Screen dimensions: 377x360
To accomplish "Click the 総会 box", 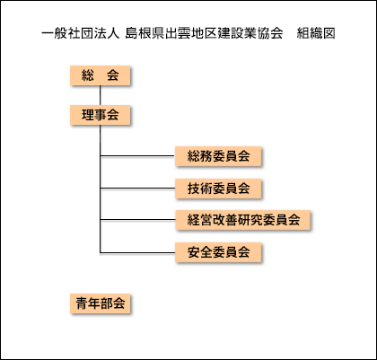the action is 101,75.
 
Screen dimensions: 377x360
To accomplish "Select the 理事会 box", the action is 101,115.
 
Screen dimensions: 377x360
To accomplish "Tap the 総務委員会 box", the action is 218,156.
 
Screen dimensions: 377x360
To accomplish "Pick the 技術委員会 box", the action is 218,189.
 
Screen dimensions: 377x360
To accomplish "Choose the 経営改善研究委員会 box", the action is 242,220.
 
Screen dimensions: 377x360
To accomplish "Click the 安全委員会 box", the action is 218,252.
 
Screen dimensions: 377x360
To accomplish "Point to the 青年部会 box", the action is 101,303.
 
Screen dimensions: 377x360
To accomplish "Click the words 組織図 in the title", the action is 316,33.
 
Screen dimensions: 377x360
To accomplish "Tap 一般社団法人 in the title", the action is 81,33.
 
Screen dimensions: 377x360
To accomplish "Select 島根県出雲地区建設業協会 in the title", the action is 204,33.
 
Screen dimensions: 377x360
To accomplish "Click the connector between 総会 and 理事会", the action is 101,95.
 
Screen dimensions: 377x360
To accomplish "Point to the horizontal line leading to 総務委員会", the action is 137,156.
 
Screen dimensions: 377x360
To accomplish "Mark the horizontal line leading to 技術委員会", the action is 137,189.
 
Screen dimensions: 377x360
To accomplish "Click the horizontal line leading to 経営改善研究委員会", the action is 137,220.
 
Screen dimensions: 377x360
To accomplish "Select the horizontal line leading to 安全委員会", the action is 137,253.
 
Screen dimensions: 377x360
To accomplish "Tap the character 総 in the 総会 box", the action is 88,75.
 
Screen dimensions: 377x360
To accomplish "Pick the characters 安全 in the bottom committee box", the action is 200,252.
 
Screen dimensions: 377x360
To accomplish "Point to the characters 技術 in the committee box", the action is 200,189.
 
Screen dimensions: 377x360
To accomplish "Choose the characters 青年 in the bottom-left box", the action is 88,303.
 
